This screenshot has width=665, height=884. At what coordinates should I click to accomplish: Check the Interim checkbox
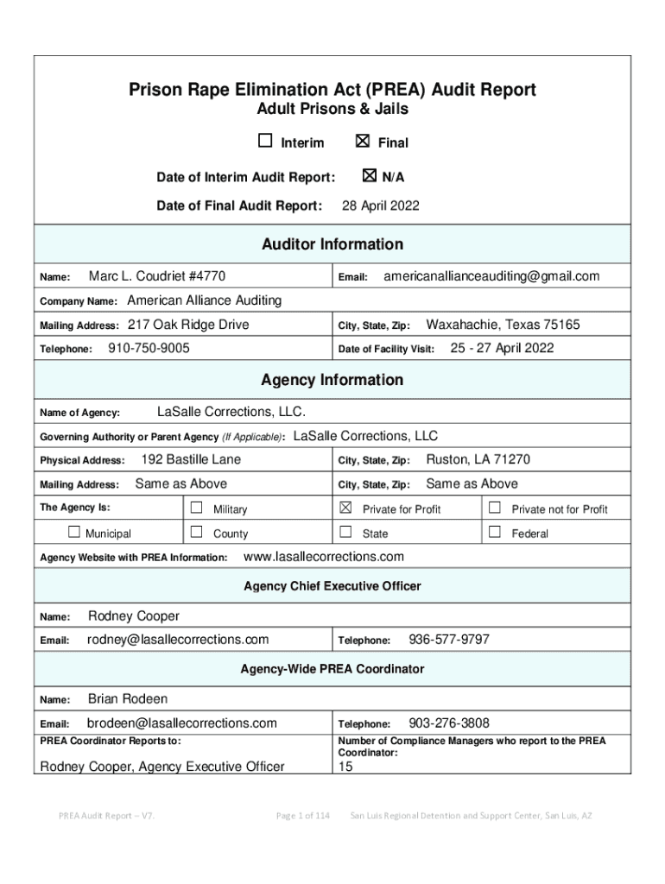tap(265, 142)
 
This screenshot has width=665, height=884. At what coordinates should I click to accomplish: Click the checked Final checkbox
tap(363, 142)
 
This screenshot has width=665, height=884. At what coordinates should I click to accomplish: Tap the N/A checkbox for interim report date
tap(370, 176)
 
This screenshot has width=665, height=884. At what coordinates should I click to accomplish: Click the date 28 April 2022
tap(381, 205)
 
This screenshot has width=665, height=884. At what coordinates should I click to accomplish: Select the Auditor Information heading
tap(332, 244)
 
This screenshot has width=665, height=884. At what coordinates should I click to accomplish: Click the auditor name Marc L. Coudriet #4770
tap(157, 276)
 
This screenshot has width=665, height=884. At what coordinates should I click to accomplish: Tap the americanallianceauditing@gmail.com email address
tap(491, 276)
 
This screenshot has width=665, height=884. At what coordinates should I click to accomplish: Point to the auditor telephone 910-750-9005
tap(149, 349)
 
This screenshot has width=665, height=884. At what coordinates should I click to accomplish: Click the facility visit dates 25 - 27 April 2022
tap(502, 349)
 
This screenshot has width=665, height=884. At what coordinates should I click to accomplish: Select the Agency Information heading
tap(332, 380)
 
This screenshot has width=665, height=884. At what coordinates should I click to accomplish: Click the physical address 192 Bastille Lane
tap(191, 459)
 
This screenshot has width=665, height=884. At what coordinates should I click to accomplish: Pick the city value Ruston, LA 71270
tap(478, 459)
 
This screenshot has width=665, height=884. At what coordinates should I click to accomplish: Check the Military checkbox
tap(197, 508)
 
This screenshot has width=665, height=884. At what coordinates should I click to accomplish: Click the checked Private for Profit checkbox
tap(346, 508)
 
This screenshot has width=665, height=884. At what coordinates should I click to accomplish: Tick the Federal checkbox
tap(496, 532)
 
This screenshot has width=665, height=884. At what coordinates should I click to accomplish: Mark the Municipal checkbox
tap(74, 532)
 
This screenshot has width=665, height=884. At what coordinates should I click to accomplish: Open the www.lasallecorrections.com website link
tap(325, 556)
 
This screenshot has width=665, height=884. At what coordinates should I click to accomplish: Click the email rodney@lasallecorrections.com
tap(178, 640)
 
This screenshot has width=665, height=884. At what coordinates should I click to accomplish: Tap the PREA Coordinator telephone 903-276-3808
tap(449, 723)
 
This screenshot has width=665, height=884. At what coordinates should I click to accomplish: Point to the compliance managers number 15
tap(345, 766)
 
